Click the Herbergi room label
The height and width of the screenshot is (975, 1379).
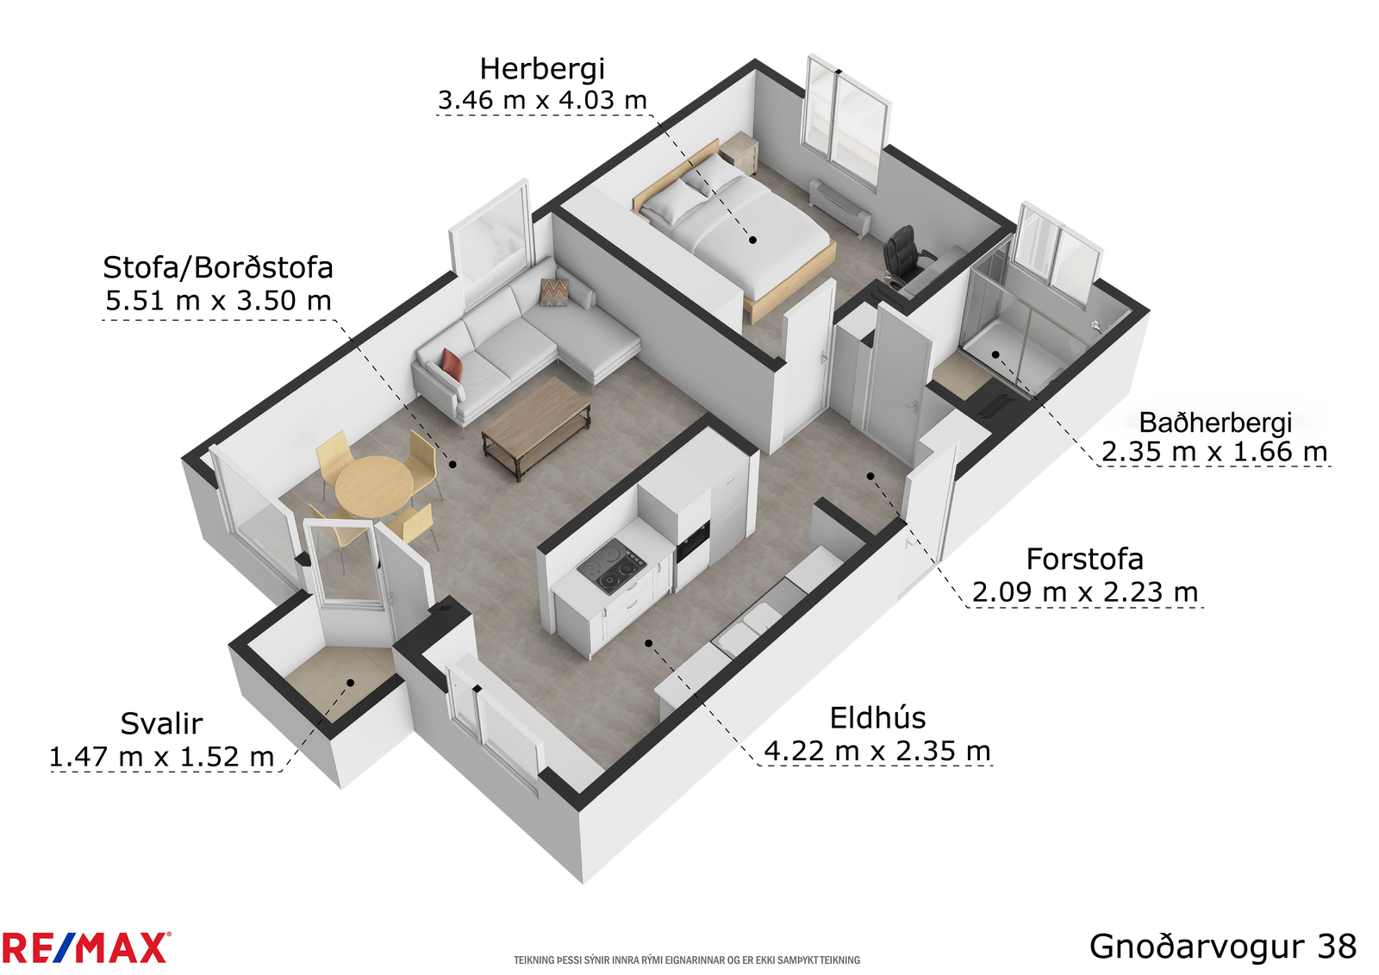[542, 70]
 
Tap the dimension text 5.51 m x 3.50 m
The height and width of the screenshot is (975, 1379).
[219, 301]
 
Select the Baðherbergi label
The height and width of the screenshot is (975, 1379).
[1214, 423]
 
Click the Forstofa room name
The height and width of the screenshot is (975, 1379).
[1085, 559]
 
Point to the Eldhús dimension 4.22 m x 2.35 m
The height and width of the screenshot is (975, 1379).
[877, 751]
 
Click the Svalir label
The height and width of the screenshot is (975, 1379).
[161, 723]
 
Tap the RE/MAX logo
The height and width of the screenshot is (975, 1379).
[86, 947]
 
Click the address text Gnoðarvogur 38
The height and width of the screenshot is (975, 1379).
[1223, 946]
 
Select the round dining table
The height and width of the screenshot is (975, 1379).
[374, 486]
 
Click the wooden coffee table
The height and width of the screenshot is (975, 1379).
[535, 426]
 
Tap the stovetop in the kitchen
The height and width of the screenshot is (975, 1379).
[612, 566]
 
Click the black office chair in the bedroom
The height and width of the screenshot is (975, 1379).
[904, 256]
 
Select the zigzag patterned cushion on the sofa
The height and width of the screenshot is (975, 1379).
[555, 291]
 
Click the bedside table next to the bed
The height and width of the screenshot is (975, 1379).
[739, 153]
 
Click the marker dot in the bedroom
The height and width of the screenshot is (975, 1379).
[752, 241]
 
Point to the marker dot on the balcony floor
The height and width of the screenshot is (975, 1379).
[350, 683]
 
